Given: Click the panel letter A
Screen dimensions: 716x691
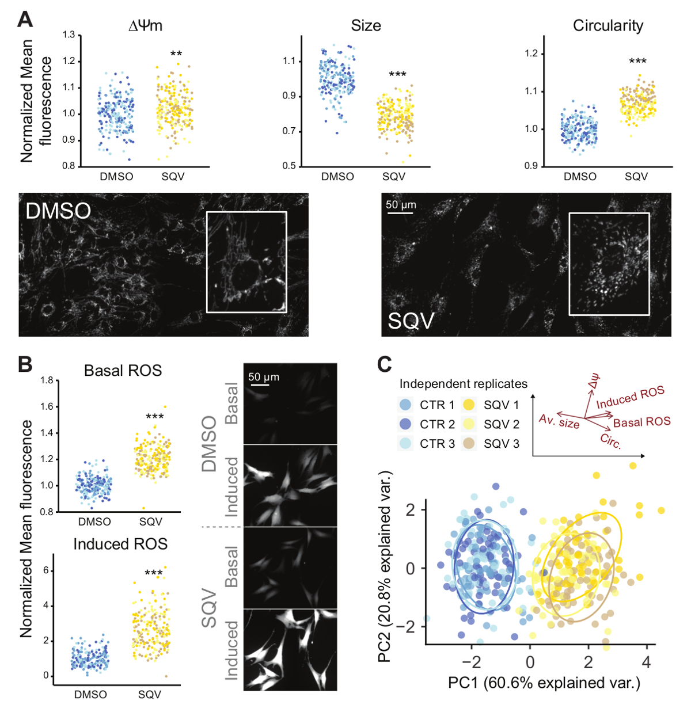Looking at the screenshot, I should point(25,20).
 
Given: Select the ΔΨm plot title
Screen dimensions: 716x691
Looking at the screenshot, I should point(145,26).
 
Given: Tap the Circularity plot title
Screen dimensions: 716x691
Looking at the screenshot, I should point(608,26).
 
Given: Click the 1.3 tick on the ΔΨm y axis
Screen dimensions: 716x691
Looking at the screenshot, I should point(69,35).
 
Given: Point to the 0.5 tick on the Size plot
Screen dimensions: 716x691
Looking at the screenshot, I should point(289,166).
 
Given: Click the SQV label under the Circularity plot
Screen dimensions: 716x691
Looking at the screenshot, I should point(636,177).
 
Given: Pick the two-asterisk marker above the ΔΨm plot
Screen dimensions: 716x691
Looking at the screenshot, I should point(176,55).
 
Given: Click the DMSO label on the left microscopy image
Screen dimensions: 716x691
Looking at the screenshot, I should point(58,211).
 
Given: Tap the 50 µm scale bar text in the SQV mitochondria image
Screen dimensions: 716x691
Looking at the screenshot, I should point(401,205).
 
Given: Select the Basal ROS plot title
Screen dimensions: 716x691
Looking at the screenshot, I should point(123,371).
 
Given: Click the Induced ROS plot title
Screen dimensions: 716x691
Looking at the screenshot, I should point(120,544).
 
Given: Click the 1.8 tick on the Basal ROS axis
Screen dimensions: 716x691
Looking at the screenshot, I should point(47,380).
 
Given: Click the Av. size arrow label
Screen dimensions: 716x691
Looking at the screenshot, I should point(559,421).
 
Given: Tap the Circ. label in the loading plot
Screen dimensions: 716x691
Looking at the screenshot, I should point(610,441).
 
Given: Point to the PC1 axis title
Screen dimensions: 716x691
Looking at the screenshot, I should point(544,683).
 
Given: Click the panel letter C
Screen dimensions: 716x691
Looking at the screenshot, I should point(384,364).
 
